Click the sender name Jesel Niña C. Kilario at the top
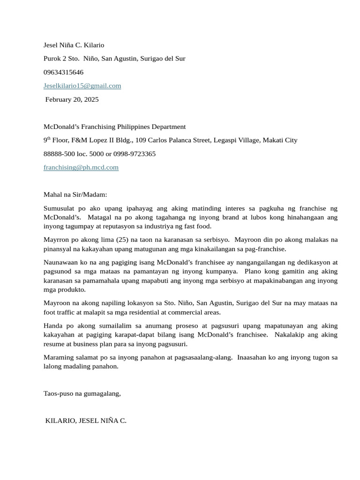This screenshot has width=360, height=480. point(74,45)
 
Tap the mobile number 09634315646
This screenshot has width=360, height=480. point(63,72)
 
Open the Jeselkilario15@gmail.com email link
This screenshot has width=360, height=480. point(82,86)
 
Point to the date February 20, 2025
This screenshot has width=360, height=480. point(72,99)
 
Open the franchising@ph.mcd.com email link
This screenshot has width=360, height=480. point(81,167)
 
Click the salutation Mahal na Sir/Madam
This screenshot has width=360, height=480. point(75,194)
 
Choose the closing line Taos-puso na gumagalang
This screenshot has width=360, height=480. point(82,393)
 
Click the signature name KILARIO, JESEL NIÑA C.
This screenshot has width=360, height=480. point(86,420)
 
